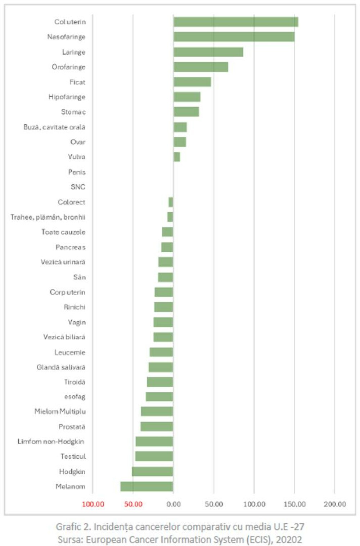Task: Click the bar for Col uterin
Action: (x=235, y=22)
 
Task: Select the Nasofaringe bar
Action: (x=234, y=37)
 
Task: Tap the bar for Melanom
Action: (x=147, y=486)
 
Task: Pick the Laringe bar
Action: (x=208, y=52)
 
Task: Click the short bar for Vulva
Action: (x=176, y=157)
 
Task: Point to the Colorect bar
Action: (x=171, y=202)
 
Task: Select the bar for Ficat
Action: (x=192, y=82)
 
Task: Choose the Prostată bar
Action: (x=157, y=427)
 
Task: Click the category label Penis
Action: (x=77, y=172)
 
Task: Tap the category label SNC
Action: (x=78, y=187)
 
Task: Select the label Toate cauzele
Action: (x=63, y=232)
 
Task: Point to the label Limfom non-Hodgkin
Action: (x=51, y=441)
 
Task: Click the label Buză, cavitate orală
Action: (x=54, y=127)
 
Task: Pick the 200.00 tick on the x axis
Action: (x=334, y=504)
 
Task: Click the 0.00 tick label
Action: (x=173, y=504)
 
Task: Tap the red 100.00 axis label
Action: (x=93, y=504)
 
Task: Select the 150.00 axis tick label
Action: (x=294, y=504)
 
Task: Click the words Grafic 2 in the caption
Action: (x=73, y=527)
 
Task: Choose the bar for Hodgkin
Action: (x=152, y=471)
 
